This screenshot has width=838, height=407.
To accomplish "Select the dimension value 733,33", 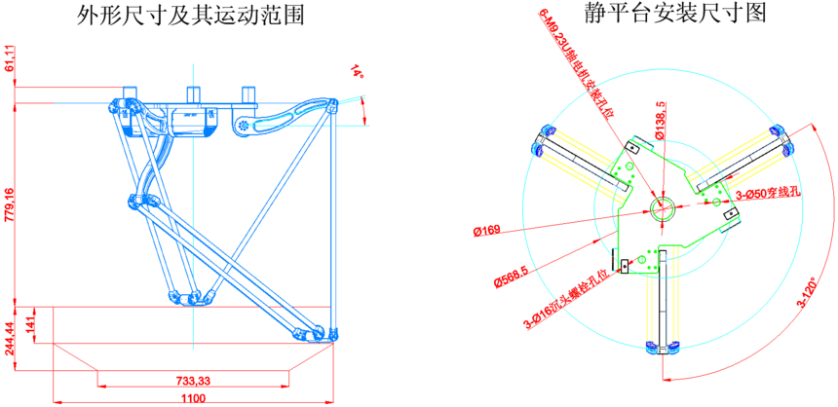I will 194,379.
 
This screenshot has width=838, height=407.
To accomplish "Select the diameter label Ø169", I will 486,232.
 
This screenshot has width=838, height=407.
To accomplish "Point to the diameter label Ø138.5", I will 662,120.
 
